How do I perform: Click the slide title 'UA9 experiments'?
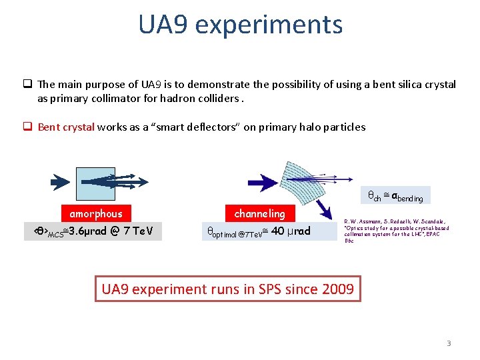240,25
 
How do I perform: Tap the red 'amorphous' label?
96,213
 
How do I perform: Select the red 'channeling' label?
259,213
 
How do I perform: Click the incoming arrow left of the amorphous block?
61,179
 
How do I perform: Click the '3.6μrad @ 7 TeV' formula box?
93,231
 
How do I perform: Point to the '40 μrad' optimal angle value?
291,231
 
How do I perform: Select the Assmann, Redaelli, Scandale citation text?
397,231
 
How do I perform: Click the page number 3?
449,343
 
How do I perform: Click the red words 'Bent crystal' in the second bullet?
66,127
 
